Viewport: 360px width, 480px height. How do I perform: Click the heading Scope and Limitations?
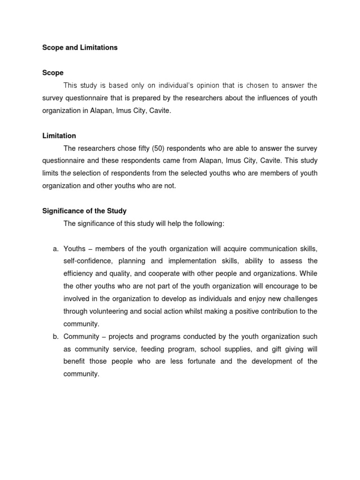point(80,48)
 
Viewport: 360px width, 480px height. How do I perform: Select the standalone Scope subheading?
point(52,73)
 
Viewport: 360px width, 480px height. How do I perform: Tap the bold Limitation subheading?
point(59,135)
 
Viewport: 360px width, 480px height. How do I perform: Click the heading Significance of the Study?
point(84,211)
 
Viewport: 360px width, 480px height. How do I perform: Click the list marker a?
point(55,248)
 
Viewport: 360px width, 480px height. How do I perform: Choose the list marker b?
point(55,337)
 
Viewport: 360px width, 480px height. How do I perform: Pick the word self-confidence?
point(88,261)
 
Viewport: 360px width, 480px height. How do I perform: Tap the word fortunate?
point(209,361)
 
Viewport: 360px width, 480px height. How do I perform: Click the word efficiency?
point(78,274)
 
